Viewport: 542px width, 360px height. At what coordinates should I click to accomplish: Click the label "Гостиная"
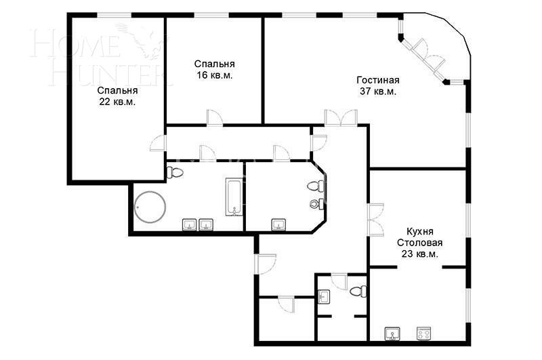[378, 80]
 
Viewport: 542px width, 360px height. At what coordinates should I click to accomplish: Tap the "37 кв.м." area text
[378, 92]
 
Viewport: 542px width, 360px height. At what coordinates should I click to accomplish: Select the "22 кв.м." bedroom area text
[117, 102]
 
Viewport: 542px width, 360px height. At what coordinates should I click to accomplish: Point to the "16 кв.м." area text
[215, 75]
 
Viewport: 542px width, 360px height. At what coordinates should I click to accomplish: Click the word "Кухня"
[419, 231]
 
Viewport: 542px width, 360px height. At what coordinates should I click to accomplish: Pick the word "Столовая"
[419, 243]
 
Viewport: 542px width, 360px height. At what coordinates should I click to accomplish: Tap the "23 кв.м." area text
[419, 254]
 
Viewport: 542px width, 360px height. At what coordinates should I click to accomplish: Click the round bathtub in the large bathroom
[150, 207]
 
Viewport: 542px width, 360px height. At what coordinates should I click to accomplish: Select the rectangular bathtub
[234, 197]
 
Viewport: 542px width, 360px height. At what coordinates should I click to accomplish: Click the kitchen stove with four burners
[423, 334]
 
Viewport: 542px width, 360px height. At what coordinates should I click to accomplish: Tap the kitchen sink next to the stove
[392, 334]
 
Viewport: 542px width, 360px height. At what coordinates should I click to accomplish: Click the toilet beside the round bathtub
[175, 172]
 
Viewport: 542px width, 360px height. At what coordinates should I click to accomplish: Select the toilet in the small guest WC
[358, 292]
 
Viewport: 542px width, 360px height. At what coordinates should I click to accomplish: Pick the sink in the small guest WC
[324, 296]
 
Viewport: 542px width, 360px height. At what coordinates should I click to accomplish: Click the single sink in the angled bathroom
[278, 224]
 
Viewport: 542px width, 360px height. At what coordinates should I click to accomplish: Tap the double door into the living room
[341, 118]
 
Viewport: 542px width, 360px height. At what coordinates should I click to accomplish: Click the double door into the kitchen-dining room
[376, 220]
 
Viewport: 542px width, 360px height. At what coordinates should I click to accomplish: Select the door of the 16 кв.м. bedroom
[215, 117]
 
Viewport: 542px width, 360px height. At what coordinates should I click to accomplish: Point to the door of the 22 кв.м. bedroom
[159, 143]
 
